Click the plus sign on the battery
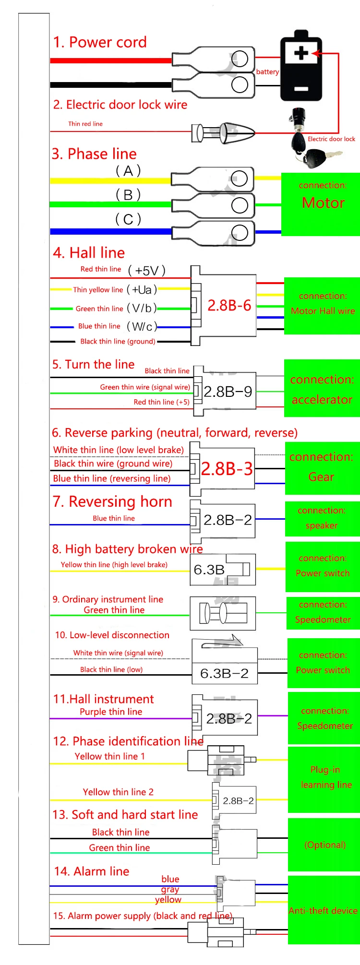click(x=301, y=53)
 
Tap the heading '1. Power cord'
click(x=100, y=42)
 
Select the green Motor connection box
click(x=321, y=204)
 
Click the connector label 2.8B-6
click(x=229, y=305)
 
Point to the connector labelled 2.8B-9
click(x=228, y=392)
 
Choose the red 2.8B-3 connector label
click(x=227, y=469)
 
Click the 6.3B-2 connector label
click(x=224, y=673)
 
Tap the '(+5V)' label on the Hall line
click(x=147, y=271)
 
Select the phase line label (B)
click(x=128, y=195)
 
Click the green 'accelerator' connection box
click(x=322, y=389)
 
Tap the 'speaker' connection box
click(x=322, y=519)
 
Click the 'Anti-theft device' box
click(x=323, y=910)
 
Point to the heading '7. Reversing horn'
click(x=112, y=501)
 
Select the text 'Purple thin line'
click(x=111, y=712)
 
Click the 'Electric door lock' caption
click(x=331, y=139)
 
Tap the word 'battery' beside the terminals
click(x=267, y=72)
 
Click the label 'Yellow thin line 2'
click(x=118, y=792)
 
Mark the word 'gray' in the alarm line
click(x=170, y=889)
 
